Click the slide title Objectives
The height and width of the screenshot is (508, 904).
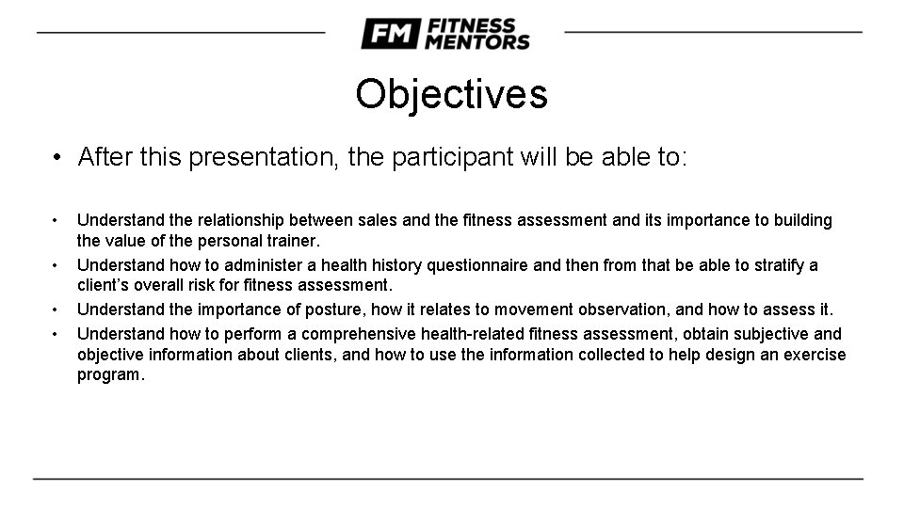[x=451, y=94]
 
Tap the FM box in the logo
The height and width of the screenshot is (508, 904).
[x=390, y=34]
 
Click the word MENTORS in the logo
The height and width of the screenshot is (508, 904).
[x=478, y=41]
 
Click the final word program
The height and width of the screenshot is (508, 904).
[x=110, y=374]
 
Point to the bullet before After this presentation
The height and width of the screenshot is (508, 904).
[x=58, y=157]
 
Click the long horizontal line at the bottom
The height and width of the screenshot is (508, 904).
[x=448, y=479]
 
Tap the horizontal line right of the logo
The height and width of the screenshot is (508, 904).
[x=713, y=32]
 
